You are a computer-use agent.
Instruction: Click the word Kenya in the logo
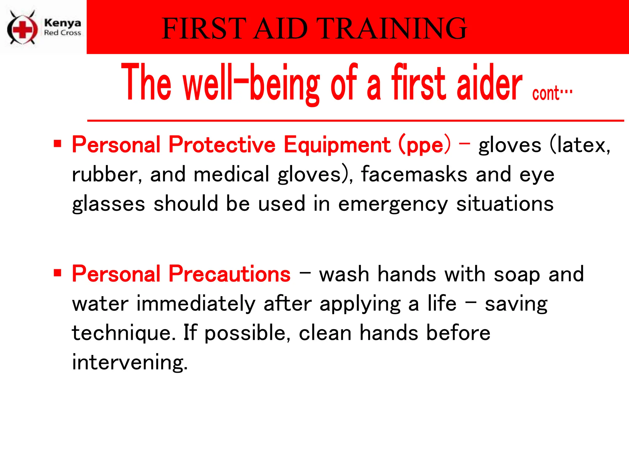(x=62, y=23)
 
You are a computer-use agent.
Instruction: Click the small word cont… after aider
(x=552, y=93)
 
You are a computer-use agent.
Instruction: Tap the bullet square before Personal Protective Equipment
(x=57, y=144)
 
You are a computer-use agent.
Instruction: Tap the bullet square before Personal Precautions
(x=57, y=273)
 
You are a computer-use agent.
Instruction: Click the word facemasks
(x=414, y=174)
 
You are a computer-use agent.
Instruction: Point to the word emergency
(x=393, y=204)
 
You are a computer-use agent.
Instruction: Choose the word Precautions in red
(x=229, y=273)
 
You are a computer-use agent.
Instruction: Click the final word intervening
(x=130, y=362)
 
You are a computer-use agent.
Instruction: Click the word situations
(x=505, y=204)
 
